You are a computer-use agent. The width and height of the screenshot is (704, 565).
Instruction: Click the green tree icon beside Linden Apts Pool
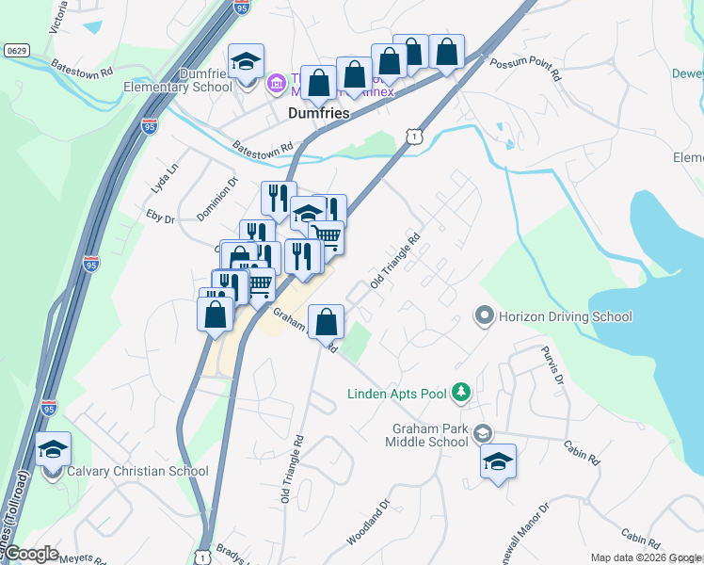pos(461,391)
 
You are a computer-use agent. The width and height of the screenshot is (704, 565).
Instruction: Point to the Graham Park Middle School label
pos(429,435)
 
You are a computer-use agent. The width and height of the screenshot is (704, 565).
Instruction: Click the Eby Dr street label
pos(162,218)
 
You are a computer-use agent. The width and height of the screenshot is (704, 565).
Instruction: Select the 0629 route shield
pos(16,49)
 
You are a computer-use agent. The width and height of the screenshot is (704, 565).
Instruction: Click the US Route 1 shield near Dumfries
pos(414,137)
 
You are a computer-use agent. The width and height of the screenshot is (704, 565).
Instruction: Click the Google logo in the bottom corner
pos(31,553)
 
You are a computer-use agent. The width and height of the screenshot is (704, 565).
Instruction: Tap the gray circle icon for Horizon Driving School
pos(485,315)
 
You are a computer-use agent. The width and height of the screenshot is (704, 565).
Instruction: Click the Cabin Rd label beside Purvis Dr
pos(581,454)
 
